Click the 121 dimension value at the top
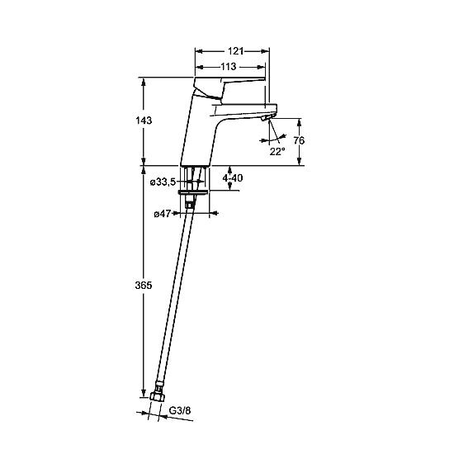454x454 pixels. click(x=235, y=51)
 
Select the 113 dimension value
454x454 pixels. click(x=229, y=67)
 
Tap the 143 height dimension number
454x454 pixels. click(x=144, y=121)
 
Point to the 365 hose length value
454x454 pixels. click(x=144, y=286)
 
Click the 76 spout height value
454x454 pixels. click(x=299, y=140)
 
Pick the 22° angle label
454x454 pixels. click(x=277, y=151)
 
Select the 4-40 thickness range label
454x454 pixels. click(x=233, y=178)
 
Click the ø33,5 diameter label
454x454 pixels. click(x=163, y=182)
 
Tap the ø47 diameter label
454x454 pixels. click(x=163, y=214)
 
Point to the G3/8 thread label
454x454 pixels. click(x=180, y=410)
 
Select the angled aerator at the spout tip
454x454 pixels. click(x=267, y=117)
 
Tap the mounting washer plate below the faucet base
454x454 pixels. click(x=193, y=192)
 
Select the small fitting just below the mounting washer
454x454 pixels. click(x=190, y=201)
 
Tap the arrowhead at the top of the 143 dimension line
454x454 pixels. click(x=144, y=82)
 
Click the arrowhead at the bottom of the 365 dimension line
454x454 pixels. click(x=144, y=393)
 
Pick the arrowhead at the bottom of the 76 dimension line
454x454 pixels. click(x=300, y=161)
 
